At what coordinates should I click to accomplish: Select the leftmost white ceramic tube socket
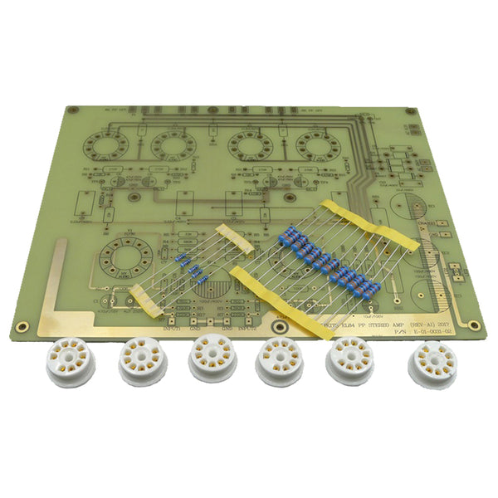pos(69,363)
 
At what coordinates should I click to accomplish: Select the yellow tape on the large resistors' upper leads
pos(369,222)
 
